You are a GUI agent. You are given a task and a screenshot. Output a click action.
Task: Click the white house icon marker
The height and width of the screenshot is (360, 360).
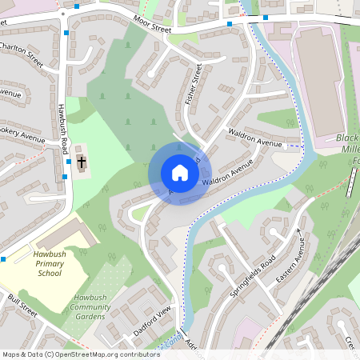click(179, 172)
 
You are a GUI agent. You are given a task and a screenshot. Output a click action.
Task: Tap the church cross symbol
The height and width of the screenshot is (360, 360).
click(82, 162)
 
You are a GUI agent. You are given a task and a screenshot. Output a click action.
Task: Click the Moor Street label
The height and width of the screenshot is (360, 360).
click(153, 24)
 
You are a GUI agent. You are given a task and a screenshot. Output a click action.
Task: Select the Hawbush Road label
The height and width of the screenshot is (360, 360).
click(62, 129)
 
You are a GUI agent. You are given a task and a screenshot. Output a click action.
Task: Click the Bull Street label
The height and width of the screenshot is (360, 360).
click(22, 305)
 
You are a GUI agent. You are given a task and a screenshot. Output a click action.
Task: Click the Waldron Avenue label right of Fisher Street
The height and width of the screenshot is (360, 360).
click(255, 138)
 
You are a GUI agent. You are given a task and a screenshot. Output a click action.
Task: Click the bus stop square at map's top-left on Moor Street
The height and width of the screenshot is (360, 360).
click(77, 6)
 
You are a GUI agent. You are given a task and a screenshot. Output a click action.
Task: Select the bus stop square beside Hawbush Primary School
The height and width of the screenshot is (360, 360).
click(4, 259)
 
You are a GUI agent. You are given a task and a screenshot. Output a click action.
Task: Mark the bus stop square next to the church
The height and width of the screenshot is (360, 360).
click(65, 177)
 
